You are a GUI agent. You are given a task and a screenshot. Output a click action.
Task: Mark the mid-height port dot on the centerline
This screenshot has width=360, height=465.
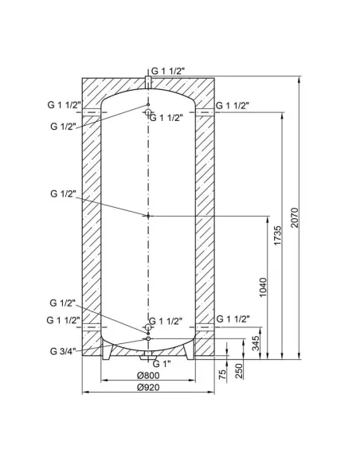148,216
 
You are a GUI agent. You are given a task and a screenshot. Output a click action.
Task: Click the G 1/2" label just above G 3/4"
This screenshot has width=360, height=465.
61,303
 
